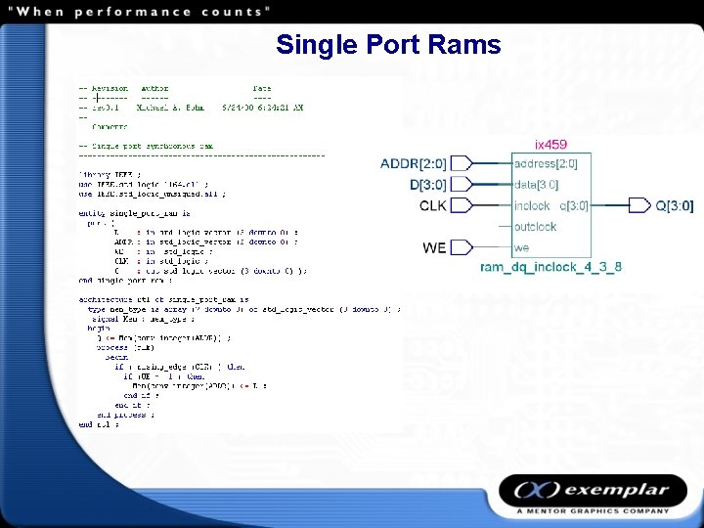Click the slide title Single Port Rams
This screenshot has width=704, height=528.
[388, 45]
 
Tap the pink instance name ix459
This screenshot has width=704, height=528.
[550, 145]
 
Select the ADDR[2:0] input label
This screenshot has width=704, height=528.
[414, 163]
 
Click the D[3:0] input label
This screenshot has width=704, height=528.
[427, 184]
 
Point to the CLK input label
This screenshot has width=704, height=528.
[432, 205]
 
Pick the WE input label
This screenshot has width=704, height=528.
[434, 248]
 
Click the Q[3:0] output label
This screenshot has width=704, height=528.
[674, 205]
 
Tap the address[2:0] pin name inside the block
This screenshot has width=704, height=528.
[546, 163]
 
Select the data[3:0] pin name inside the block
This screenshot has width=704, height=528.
[536, 184]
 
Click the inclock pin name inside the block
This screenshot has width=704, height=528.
[532, 205]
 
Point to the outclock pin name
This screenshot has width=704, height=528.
[535, 227]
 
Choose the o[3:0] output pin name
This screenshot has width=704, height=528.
[574, 205]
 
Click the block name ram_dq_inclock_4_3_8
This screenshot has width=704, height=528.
[550, 267]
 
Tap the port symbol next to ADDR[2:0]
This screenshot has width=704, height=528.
[462, 163]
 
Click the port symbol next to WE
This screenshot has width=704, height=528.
[462, 248]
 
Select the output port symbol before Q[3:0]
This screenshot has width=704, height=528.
[638, 205]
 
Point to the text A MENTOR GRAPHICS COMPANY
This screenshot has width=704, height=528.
[594, 510]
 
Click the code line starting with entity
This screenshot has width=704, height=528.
[134, 212]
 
